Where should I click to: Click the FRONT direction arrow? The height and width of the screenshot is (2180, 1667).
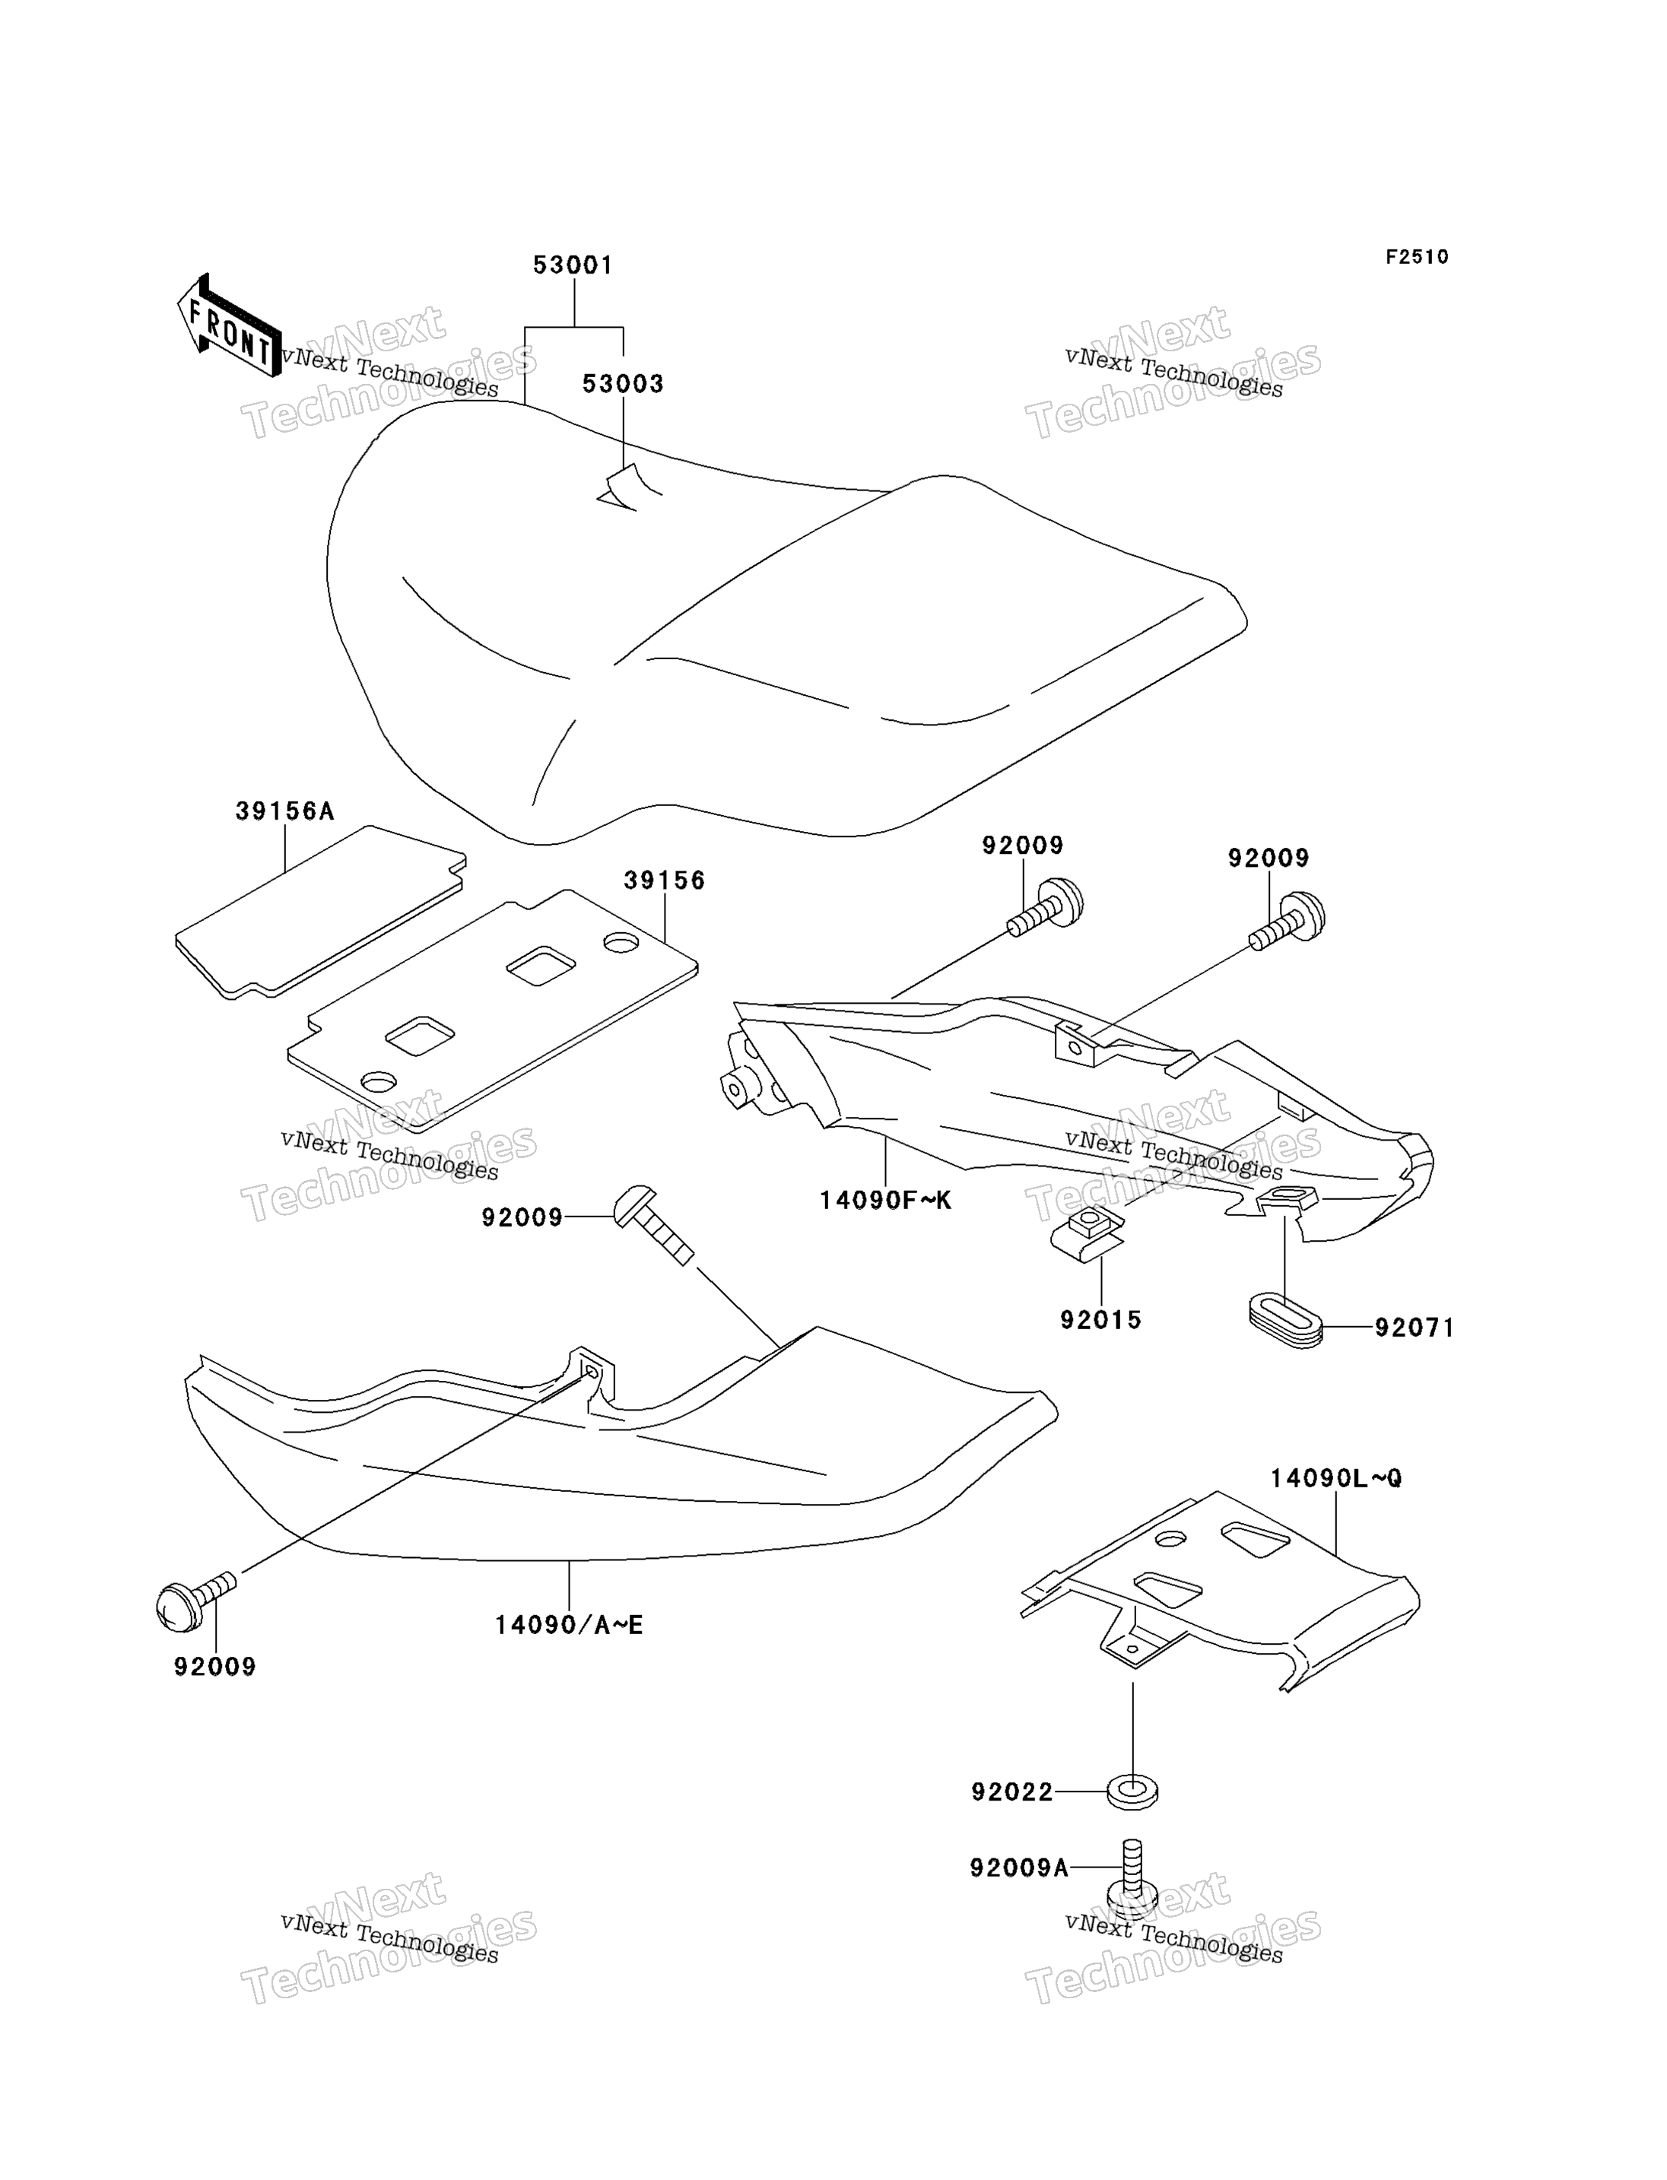click(229, 325)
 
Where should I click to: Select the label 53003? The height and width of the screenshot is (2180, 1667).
click(622, 384)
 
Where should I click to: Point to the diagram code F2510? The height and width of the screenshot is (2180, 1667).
click(1417, 257)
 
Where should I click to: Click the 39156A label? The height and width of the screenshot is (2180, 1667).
click(284, 811)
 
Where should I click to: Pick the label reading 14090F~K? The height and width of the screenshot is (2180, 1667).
click(885, 1201)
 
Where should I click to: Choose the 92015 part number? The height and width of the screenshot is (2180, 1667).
click(1100, 1320)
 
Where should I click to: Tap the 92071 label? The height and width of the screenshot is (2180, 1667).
click(1414, 1328)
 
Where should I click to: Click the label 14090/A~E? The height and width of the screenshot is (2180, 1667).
click(570, 1626)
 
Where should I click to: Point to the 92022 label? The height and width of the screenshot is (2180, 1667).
click(1012, 1792)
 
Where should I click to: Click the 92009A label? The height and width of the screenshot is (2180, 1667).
click(1019, 1868)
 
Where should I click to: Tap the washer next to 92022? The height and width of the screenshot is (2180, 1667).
click(1132, 1793)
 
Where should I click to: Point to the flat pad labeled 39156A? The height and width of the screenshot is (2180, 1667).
click(320, 912)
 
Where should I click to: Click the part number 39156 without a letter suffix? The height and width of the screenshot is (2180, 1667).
click(664, 881)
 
